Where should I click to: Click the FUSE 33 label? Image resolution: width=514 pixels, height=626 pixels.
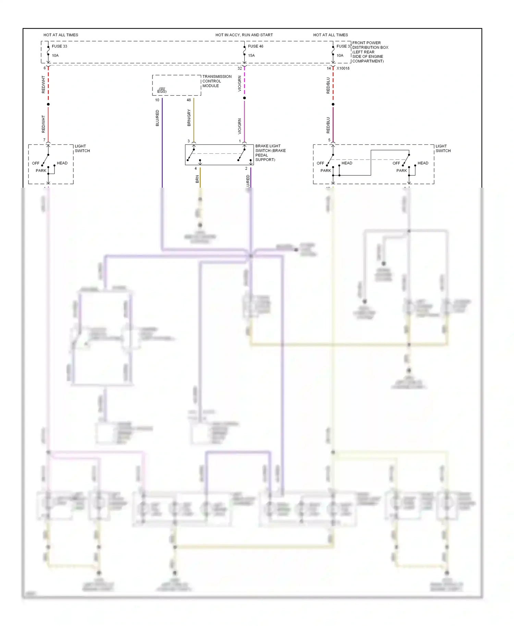click(59, 46)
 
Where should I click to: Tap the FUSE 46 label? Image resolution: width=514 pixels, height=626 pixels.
click(256, 46)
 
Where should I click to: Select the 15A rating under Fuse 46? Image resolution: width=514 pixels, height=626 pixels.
click(252, 55)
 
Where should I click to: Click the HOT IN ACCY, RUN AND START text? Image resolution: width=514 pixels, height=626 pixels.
click(244, 35)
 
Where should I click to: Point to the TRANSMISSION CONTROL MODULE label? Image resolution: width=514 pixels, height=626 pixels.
click(217, 81)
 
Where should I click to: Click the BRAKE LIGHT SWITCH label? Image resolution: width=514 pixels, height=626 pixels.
click(270, 153)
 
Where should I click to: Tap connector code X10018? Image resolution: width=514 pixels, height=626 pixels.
click(343, 68)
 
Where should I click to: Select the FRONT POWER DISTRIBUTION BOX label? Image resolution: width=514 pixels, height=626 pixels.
click(370, 52)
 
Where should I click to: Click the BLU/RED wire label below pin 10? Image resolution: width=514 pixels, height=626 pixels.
click(157, 118)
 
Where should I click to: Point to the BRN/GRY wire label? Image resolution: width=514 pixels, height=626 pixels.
click(189, 118)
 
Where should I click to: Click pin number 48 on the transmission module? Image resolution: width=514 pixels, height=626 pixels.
click(189, 100)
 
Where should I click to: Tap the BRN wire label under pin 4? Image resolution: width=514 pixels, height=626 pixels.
click(197, 179)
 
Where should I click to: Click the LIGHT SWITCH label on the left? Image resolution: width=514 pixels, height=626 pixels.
click(82, 148)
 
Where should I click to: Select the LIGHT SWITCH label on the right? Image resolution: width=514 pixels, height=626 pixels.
click(443, 148)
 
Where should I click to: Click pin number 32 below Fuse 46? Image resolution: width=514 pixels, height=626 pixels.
click(240, 68)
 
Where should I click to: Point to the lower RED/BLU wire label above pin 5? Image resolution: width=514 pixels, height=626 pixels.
click(328, 125)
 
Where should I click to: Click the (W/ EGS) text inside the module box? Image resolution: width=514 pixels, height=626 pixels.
click(162, 90)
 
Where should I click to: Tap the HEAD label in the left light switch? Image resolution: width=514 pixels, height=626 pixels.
click(62, 163)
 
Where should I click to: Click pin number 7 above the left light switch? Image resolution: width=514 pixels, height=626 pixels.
click(44, 140)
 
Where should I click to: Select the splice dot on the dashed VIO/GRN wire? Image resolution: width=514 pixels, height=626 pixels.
click(244, 98)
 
